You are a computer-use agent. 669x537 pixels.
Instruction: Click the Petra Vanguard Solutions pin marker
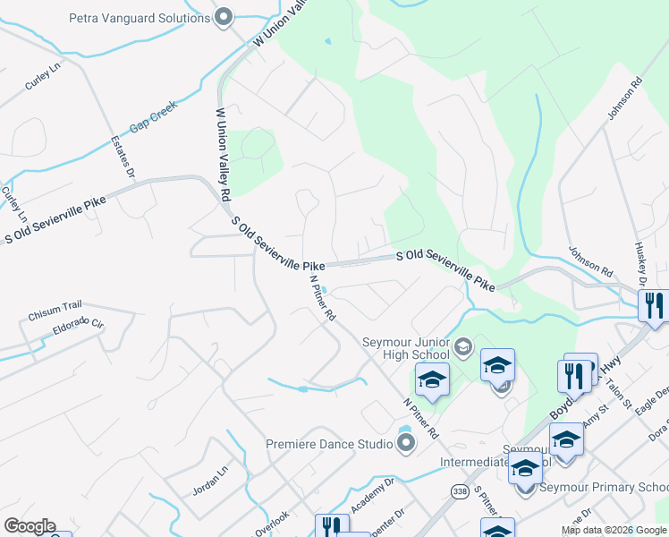224,16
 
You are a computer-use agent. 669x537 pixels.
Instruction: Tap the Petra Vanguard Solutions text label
140,17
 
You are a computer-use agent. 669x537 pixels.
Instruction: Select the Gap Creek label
154,116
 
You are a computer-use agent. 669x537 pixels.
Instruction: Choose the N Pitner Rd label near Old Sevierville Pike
322,297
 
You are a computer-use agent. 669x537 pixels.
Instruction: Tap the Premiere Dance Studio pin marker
405,443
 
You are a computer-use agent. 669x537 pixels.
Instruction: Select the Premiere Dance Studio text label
329,444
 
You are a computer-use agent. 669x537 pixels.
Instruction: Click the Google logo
30,526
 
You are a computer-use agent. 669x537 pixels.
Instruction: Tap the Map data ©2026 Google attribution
614,531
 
